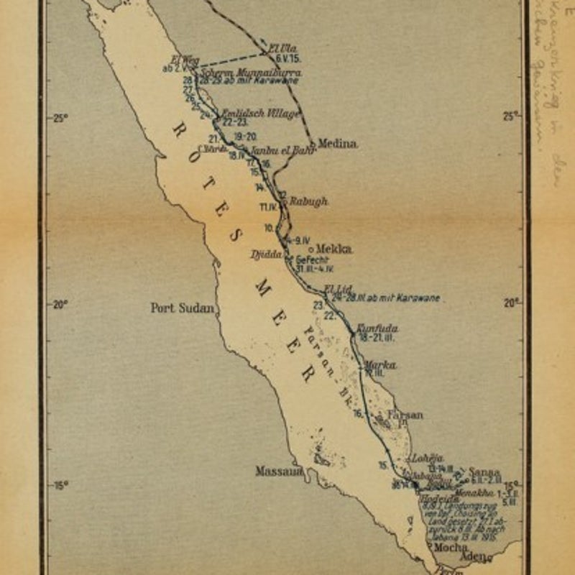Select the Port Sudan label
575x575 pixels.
[183, 308]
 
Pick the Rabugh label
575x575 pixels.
[308, 202]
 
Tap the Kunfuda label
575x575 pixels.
[377, 328]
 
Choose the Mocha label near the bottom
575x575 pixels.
[452, 547]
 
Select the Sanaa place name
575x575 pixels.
[484, 472]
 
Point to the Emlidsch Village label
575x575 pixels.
[259, 114]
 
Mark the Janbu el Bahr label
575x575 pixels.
[274, 152]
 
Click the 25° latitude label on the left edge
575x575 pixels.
[59, 118]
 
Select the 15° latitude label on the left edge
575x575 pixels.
[59, 485]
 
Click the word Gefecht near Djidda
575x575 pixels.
[311, 260]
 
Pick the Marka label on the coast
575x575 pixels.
[380, 365]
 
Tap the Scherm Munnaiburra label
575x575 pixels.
[250, 73]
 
